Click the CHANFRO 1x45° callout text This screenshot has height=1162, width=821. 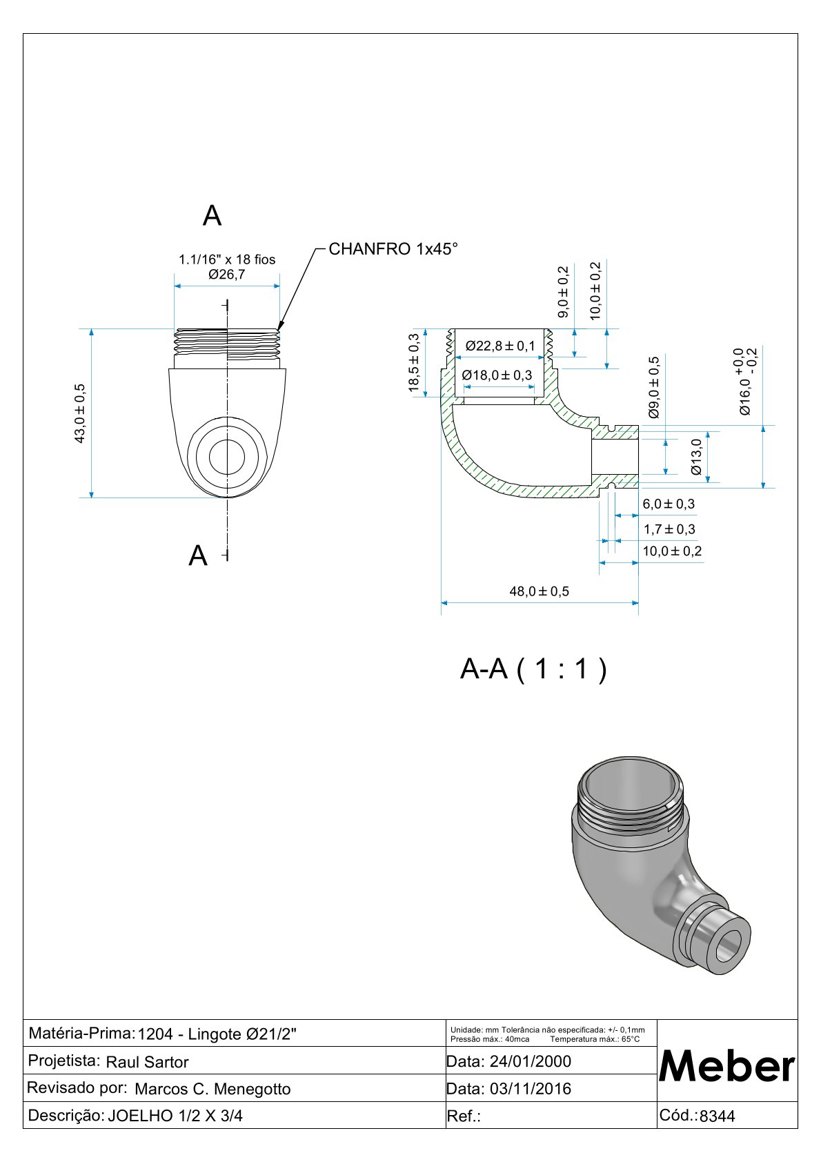[393, 249]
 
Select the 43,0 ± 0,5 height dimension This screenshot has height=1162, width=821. [80, 413]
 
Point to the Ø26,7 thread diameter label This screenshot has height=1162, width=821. [227, 275]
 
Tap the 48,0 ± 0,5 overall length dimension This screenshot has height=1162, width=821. [540, 591]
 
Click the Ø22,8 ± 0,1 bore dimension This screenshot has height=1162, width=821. [500, 346]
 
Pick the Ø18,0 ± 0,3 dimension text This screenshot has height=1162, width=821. [497, 375]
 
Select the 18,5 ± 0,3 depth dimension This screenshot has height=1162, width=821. [414, 362]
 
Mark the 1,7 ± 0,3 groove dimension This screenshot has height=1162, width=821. [669, 529]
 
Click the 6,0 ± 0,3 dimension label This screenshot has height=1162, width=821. [669, 504]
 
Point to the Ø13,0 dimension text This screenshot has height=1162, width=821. [696, 457]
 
